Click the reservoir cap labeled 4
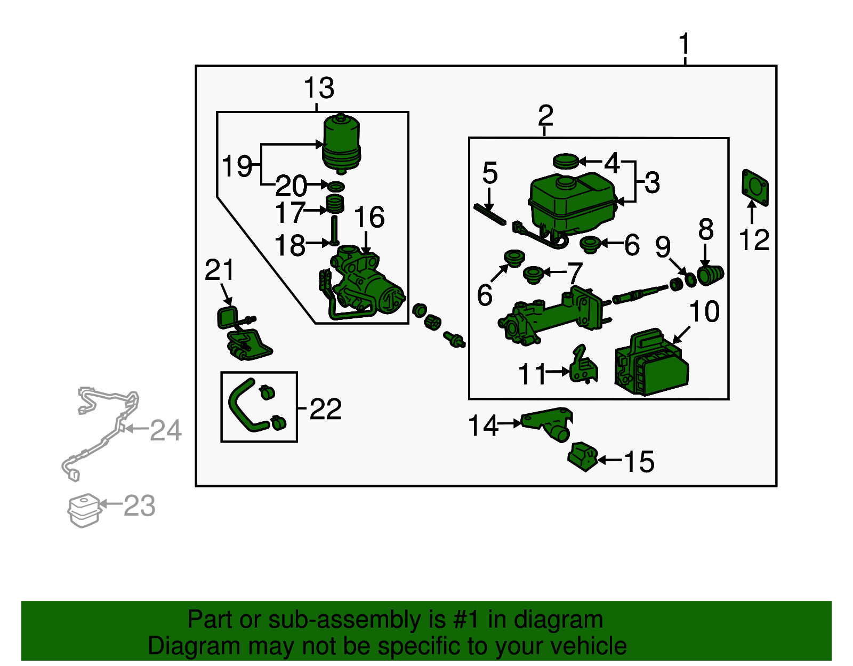[566, 161]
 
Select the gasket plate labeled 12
[755, 188]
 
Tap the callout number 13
[319, 88]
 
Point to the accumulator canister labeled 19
[341, 143]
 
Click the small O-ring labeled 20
[336, 187]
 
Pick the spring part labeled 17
[335, 204]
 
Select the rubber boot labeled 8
[710, 275]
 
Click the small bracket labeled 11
[583, 366]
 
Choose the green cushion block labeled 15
[583, 456]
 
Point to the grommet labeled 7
[533, 275]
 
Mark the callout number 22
[325, 410]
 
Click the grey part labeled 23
[84, 510]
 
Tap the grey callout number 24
[166, 430]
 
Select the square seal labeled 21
[228, 317]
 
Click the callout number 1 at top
[685, 44]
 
